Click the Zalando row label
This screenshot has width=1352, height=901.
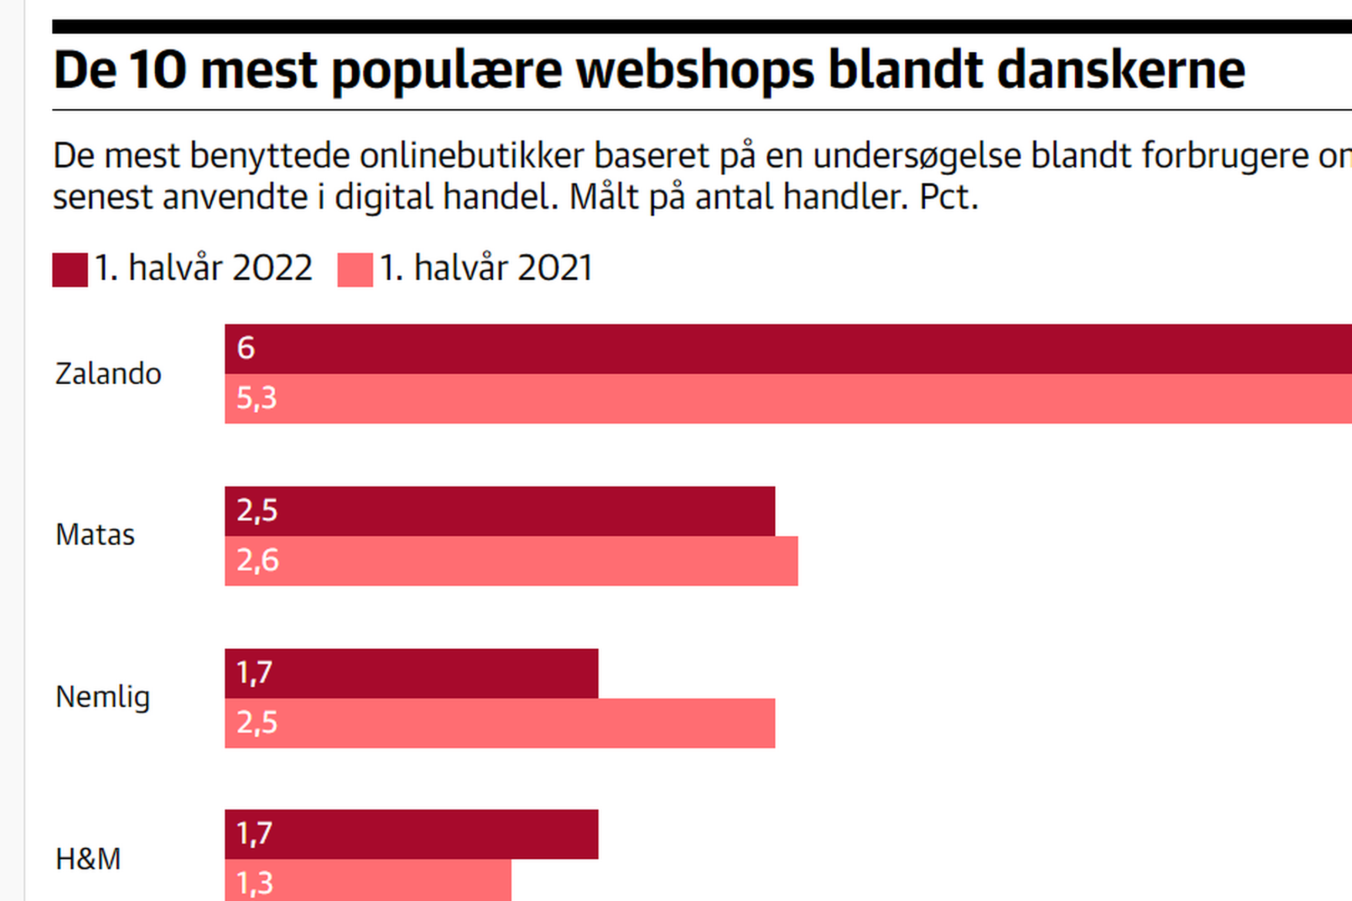pyautogui.click(x=108, y=374)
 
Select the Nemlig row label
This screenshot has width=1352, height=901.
pyautogui.click(x=103, y=698)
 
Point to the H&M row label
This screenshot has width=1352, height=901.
pyautogui.click(x=88, y=860)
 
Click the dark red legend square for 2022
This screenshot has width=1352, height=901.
pyautogui.click(x=70, y=270)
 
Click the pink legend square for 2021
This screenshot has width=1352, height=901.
pyautogui.click(x=355, y=270)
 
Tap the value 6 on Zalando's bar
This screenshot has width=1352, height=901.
pyautogui.click(x=246, y=348)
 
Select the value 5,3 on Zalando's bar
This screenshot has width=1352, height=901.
pyautogui.click(x=256, y=397)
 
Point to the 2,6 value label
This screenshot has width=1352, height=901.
pyautogui.click(x=258, y=560)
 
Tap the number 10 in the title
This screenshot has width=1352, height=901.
pyautogui.click(x=157, y=70)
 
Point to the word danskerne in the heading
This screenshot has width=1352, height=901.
pyautogui.click(x=1121, y=70)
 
